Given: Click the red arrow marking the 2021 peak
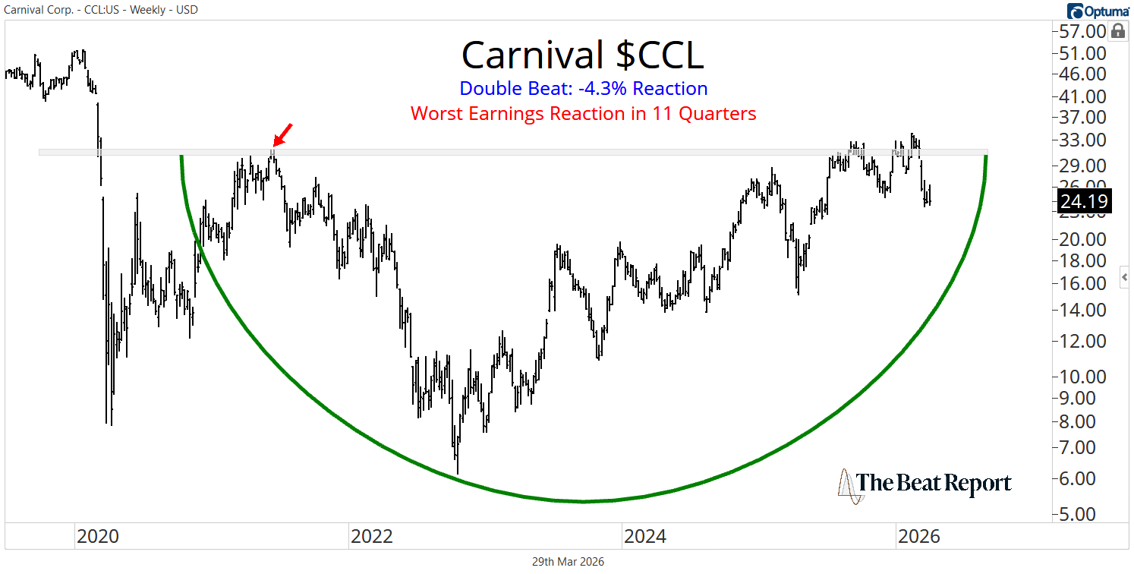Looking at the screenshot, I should pos(282,134).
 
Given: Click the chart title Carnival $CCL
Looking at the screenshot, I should pos(582,55).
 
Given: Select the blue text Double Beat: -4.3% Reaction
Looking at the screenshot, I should pos(584,89).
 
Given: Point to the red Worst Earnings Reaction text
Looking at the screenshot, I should pos(584,114).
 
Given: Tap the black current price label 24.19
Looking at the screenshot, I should pos(1084,202).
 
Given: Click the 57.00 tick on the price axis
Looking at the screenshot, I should pos(1083,32).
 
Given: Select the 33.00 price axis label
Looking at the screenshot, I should pos(1083,140).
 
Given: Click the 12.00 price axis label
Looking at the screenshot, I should pos(1083,342).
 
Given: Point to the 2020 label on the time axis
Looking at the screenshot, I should pos(97,538).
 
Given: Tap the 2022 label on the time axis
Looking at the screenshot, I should pos(371,538).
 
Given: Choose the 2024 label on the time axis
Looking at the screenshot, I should pos(644,538).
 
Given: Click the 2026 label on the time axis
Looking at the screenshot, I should pos(918,538).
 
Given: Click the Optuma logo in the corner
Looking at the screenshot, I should pos(1097,11).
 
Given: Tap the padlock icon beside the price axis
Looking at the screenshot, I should pos(1117,31).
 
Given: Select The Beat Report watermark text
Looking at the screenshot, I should pos(934,484).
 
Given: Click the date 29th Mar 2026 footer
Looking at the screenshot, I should pos(567,562).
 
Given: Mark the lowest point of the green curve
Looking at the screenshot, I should pos(583,501).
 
